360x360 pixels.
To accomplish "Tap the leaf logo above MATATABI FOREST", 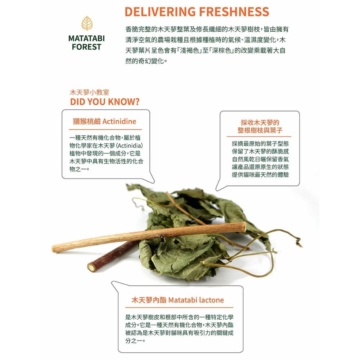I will coord(86,23).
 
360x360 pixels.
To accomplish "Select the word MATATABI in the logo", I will coord(86,39).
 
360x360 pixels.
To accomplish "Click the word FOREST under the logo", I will coord(86,47).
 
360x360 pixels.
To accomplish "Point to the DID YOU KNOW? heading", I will coord(105,102).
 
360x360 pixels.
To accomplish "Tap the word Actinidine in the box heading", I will coord(119,121).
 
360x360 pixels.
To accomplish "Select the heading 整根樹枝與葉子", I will coord(260,130).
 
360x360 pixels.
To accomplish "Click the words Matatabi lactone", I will coord(196,300).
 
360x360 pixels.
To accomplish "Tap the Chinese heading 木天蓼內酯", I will coord(148,300).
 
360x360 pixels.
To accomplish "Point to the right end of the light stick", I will coord(244,227).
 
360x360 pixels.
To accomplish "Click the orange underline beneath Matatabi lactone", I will coord(179,307).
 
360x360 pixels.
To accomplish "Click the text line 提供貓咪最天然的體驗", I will coord(260,175).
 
